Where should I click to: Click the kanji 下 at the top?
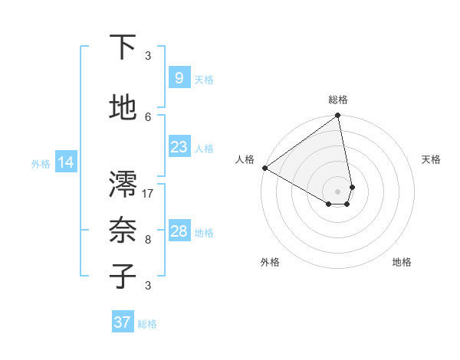(x=123, y=47)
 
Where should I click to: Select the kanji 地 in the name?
(x=123, y=108)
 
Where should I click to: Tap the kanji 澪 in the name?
(x=123, y=184)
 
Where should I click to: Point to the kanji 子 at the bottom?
(x=123, y=276)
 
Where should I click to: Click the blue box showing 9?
(x=179, y=77)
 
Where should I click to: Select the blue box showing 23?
(x=179, y=147)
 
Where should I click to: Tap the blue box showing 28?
(x=179, y=231)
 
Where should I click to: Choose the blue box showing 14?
(x=66, y=162)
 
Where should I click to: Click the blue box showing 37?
(x=122, y=322)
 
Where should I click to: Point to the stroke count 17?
(x=148, y=193)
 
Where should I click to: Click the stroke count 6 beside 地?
(x=148, y=116)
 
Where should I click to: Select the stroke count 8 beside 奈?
(x=148, y=239)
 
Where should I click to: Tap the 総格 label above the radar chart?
(x=338, y=100)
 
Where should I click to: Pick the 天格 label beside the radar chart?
(x=431, y=159)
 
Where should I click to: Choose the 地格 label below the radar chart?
(x=402, y=262)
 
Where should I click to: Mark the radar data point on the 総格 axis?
(x=338, y=116)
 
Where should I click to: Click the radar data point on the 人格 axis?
(x=264, y=168)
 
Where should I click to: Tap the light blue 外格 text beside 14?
(x=41, y=163)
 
